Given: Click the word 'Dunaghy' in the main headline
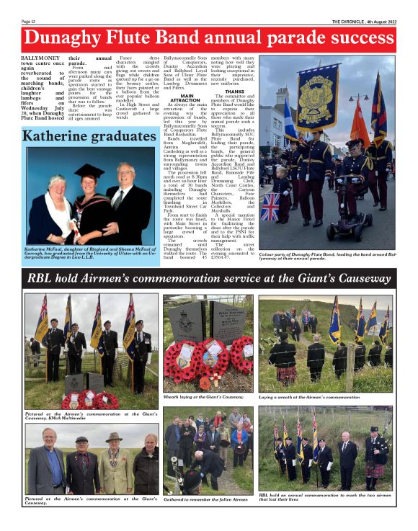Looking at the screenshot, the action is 75,38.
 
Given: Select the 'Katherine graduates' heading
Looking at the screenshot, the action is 81,135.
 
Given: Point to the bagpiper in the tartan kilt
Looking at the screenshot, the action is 375,455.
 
